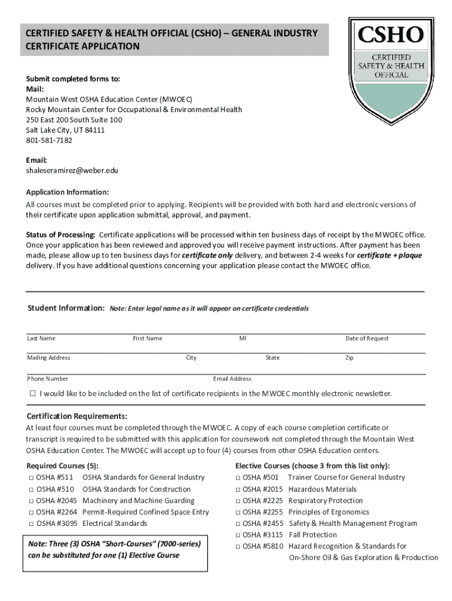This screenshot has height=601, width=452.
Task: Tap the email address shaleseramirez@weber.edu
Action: point(72,171)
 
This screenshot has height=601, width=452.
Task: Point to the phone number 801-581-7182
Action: point(49,141)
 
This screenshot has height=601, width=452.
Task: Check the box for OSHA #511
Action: point(31,478)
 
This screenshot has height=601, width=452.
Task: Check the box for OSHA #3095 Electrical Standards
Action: point(31,524)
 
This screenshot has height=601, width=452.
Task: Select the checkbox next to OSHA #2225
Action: point(237,501)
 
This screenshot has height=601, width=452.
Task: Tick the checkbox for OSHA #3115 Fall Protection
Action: point(237,535)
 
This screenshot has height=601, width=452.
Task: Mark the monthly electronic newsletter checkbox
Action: point(33,393)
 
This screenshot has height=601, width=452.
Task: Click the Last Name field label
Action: point(41,339)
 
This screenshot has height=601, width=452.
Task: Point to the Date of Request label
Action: point(367,339)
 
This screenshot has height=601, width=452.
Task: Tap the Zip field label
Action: point(349,358)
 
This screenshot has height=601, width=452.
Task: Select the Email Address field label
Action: point(232,379)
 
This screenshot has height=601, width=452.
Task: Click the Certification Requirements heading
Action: point(76,416)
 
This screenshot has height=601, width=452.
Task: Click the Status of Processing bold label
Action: point(60,235)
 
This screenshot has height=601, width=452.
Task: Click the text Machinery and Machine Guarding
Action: point(139,501)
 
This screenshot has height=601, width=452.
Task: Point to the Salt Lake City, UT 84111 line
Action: point(65,130)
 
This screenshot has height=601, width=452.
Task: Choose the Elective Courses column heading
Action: point(312,466)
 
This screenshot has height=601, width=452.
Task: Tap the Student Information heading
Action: point(66,308)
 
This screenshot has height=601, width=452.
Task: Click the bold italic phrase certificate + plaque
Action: point(389,255)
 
